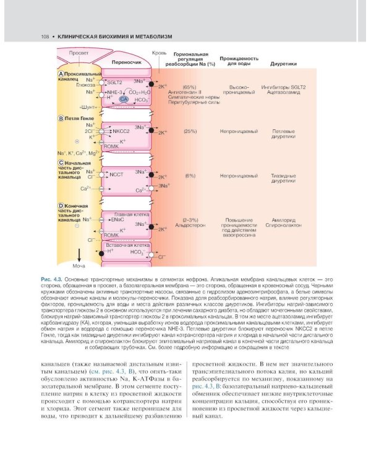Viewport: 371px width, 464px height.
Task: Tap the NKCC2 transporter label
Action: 119,131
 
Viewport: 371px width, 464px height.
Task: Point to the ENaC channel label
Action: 116,220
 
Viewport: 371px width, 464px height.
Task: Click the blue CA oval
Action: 124,99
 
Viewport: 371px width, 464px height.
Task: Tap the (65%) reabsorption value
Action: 190,87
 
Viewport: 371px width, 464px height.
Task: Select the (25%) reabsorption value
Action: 190,131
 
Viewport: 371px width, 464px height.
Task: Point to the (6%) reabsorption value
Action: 190,176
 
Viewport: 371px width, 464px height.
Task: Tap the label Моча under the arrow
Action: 79,265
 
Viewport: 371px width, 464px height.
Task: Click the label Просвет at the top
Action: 79,53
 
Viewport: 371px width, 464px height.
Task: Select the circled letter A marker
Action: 61,74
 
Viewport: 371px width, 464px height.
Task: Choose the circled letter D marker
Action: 61,205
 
